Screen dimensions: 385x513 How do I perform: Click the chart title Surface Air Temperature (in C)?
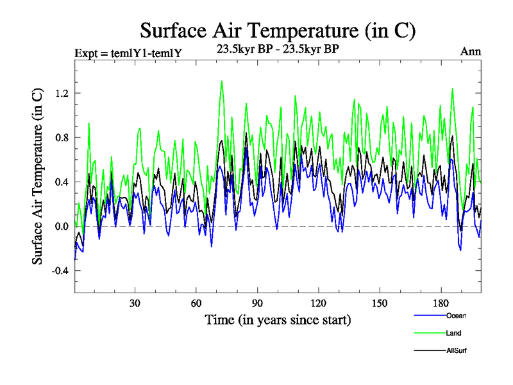pyautogui.click(x=278, y=30)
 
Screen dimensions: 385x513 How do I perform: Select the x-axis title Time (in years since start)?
pyautogui.click(x=278, y=319)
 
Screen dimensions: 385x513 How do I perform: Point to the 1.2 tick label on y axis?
pyautogui.click(x=62, y=93)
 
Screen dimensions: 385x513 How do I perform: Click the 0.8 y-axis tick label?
pyautogui.click(x=62, y=137)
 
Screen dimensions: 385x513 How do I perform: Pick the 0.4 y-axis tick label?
pyautogui.click(x=62, y=182)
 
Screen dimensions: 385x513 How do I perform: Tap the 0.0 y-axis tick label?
pyautogui.click(x=62, y=226)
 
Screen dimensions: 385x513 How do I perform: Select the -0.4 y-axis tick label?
pyautogui.click(x=60, y=270)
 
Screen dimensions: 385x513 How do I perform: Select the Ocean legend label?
pyautogui.click(x=456, y=316)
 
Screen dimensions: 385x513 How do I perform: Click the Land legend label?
pyautogui.click(x=454, y=333)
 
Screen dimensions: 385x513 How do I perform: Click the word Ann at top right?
pyautogui.click(x=471, y=51)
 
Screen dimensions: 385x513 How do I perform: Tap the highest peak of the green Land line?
pyautogui.click(x=222, y=81)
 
